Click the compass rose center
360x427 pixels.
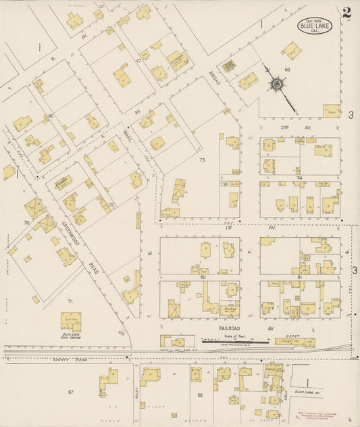tap(276, 84)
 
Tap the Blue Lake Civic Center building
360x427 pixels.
tap(70, 321)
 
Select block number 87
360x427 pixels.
tap(70, 391)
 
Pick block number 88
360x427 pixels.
tap(200, 395)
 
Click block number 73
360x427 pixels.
tap(201, 160)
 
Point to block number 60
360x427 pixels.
tap(286, 70)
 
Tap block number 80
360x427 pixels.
tap(202, 276)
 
